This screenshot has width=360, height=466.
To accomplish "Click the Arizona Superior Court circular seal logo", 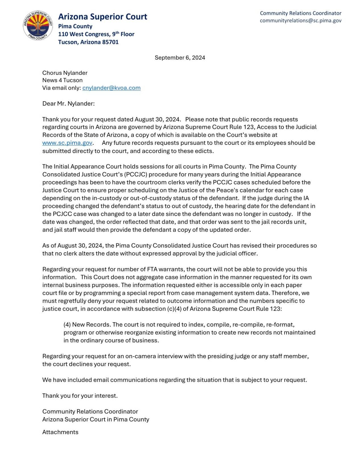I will (38, 26).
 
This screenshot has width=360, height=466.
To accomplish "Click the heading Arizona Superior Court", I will (102, 17).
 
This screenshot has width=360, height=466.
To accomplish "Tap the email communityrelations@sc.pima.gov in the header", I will (300, 20).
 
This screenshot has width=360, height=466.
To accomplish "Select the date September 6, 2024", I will (180, 58).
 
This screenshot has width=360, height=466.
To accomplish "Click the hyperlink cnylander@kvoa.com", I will (111, 88).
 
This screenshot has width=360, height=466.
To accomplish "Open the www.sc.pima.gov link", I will (67, 143).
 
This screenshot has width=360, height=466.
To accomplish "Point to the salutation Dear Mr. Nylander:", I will (68, 104).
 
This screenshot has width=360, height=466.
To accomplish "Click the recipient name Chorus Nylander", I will (65, 73).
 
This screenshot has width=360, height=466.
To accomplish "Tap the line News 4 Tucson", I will (62, 80).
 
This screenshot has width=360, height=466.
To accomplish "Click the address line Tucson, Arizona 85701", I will (88, 42).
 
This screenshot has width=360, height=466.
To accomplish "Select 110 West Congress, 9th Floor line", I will (96, 34).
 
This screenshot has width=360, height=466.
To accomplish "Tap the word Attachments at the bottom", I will (60, 432).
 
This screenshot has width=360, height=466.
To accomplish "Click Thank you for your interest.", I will (80, 396).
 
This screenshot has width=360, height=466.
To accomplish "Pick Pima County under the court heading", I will (75, 26).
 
